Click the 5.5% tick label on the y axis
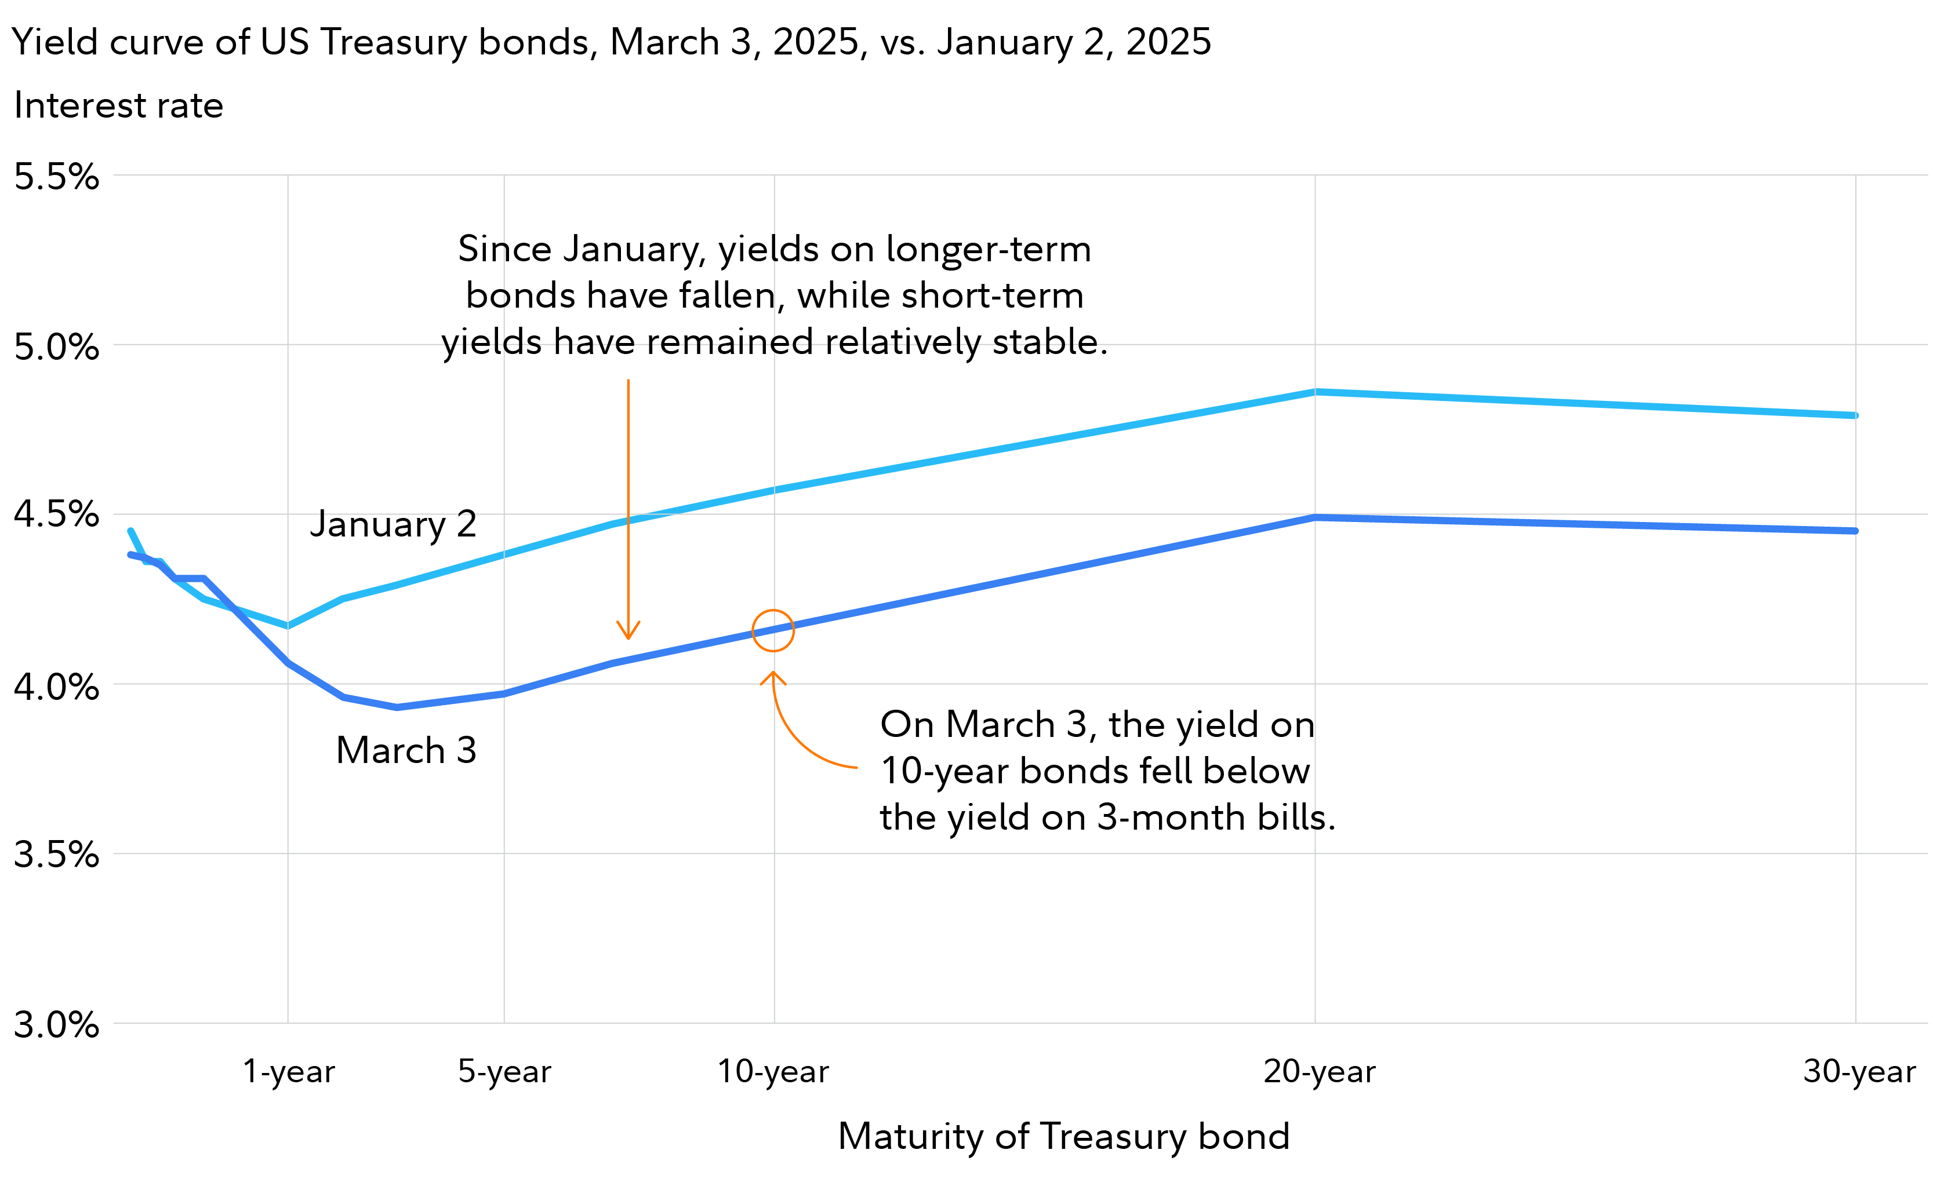click(57, 176)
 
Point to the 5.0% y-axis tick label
click(57, 346)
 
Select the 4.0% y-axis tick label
click(57, 687)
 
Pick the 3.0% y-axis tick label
click(57, 1025)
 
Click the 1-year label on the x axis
click(288, 1072)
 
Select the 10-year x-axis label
click(773, 1072)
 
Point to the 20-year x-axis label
click(1319, 1072)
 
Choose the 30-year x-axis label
click(1859, 1072)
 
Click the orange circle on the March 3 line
click(773, 630)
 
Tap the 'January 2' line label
click(393, 524)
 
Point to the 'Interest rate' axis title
click(118, 105)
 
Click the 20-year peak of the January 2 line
click(1315, 392)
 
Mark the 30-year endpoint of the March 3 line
click(1855, 531)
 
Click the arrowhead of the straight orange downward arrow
click(627, 634)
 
